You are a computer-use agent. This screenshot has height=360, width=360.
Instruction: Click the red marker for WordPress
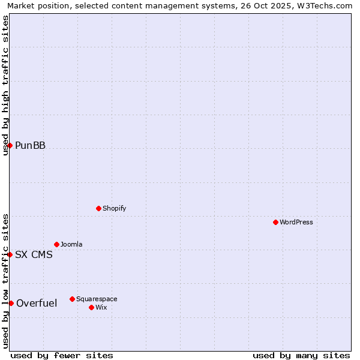pyautogui.click(x=275, y=222)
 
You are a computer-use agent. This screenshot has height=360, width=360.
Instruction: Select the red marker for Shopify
pyautogui.click(x=98, y=208)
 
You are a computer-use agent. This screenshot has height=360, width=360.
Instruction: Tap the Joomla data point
pyautogui.click(x=56, y=244)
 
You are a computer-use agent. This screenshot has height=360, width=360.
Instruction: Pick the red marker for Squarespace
pyautogui.click(x=72, y=299)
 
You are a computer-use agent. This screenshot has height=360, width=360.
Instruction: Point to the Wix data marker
pyautogui.click(x=91, y=307)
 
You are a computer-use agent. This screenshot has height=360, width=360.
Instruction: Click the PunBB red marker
pyautogui.click(x=10, y=145)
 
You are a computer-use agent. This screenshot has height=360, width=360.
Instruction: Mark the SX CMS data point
pyautogui.click(x=10, y=254)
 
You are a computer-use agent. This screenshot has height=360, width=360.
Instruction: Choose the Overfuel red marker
pyautogui.click(x=11, y=303)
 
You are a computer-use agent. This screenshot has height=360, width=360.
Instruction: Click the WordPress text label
pyautogui.click(x=296, y=222)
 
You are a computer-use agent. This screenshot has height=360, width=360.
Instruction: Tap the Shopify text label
pyautogui.click(x=115, y=208)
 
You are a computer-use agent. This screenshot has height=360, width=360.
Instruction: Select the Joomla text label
pyautogui.click(x=71, y=244)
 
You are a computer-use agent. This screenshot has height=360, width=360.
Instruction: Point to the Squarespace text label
pyautogui.click(x=97, y=299)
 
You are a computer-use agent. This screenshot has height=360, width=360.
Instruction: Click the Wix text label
pyautogui.click(x=101, y=307)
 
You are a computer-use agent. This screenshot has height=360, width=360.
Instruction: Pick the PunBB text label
pyautogui.click(x=30, y=145)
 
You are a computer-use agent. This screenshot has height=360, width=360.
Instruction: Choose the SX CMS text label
pyautogui.click(x=34, y=254)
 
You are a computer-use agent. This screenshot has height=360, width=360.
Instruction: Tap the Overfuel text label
pyautogui.click(x=37, y=303)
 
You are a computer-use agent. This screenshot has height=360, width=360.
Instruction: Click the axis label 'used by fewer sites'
pyautogui.click(x=62, y=355)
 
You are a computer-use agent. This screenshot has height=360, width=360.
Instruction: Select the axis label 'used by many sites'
pyautogui.click(x=301, y=355)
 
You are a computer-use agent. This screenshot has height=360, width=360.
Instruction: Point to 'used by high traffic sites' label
pyautogui.click(x=5, y=85)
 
